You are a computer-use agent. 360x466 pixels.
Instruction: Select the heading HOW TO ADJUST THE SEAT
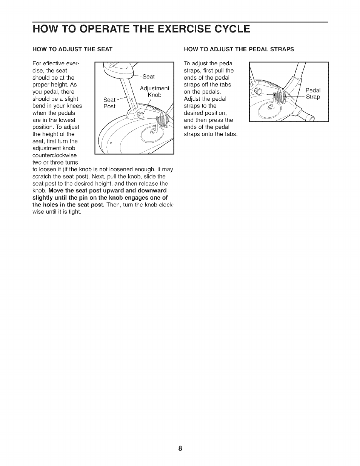[x=72, y=49]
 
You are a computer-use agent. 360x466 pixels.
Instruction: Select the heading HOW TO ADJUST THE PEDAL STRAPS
[x=238, y=49]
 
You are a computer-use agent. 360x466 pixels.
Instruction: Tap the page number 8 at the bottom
[x=180, y=448]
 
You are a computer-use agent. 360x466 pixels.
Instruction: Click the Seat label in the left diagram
[x=149, y=77]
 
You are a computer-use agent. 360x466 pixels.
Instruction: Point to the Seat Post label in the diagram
[x=109, y=103]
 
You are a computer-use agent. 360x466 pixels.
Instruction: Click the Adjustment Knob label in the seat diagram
[x=154, y=92]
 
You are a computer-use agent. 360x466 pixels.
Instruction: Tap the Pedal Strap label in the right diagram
[x=313, y=94]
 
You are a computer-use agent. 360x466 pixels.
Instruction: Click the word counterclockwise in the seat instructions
[x=54, y=155]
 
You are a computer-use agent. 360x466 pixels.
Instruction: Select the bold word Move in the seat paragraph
[x=56, y=191]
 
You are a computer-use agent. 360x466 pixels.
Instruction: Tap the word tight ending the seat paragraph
[x=75, y=212]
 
